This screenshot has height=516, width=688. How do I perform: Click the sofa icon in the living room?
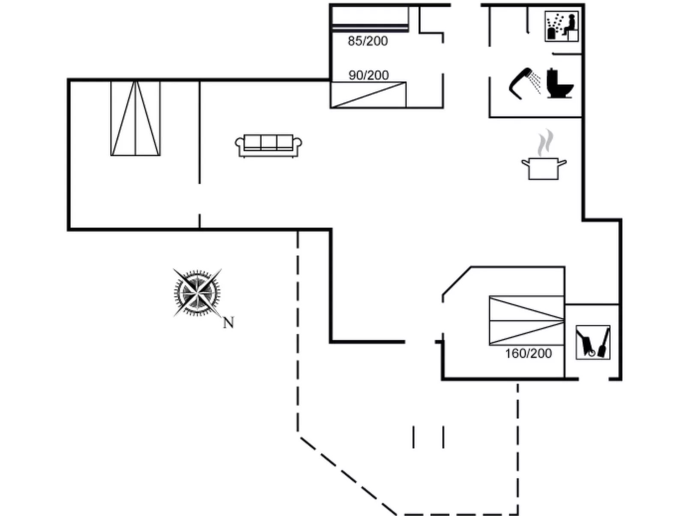pos(268,146)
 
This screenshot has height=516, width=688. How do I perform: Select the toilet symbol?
pos(559,84)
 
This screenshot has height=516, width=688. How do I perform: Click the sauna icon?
pos(562,27)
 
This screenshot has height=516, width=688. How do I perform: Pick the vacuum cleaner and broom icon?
pos(593,342)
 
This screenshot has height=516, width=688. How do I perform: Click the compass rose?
pos(197,293)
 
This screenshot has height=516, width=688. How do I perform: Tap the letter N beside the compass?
pos(228,322)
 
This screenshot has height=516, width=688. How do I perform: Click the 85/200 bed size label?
pos(368,41)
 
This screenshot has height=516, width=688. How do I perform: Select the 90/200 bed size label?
pos(368,75)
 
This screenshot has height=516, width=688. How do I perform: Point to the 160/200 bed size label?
pos(528,354)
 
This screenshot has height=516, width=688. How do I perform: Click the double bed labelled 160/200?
pos(526,320)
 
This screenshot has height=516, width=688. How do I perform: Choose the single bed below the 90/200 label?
pos(368,95)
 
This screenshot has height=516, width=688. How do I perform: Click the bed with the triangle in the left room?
pos(135,118)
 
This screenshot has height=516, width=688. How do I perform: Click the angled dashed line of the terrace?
pos(347,475)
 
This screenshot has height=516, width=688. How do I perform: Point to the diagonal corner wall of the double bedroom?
pos(457,280)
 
